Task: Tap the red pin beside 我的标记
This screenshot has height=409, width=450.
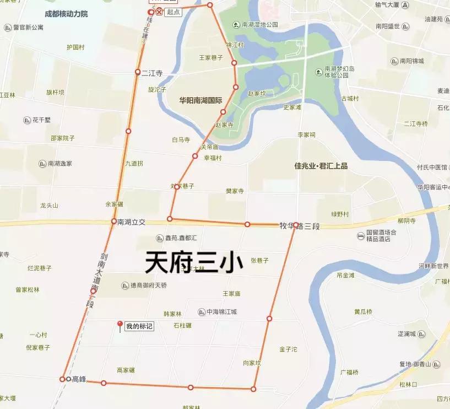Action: click(x=120, y=325)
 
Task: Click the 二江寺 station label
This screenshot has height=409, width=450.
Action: click(x=152, y=72)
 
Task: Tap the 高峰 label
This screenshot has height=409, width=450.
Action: click(x=79, y=379)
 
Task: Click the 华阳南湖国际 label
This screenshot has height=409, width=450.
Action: click(x=200, y=101)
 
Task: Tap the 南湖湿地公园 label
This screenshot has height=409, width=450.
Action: click(x=260, y=25)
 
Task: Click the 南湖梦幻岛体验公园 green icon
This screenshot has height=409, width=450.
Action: click(x=318, y=72)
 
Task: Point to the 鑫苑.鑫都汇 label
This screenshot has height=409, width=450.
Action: click(x=186, y=239)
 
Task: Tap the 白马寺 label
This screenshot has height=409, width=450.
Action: click(x=181, y=140)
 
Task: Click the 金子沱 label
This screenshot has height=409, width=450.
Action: click(x=288, y=349)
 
